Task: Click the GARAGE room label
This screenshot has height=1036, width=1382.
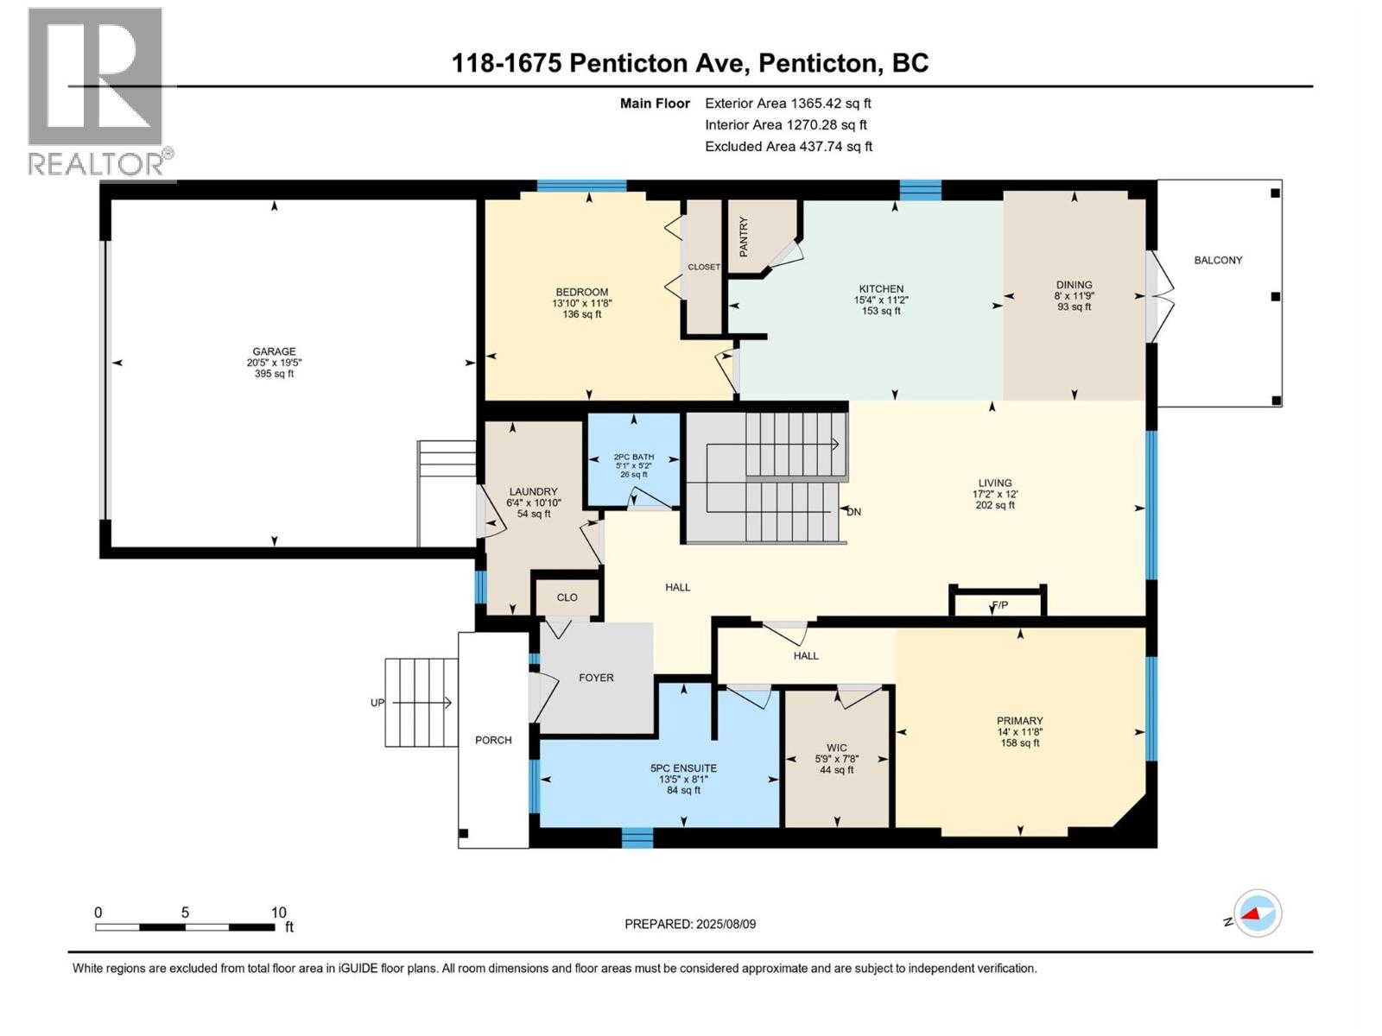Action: point(274,351)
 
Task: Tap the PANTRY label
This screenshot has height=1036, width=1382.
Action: point(744,236)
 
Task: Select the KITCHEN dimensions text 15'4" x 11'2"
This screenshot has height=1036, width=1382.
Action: point(881,300)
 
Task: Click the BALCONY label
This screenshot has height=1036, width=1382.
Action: point(1218,260)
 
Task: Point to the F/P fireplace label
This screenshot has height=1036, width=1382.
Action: point(999,605)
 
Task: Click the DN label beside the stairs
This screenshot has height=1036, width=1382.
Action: point(853,512)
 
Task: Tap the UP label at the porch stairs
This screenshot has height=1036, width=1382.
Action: point(377,703)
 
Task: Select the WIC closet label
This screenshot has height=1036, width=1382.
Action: point(836,748)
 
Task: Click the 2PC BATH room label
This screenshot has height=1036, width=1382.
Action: point(633,457)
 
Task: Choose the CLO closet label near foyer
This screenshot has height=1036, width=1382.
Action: point(567,597)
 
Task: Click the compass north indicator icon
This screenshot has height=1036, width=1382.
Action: point(1258,913)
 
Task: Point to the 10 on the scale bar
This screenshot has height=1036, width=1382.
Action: point(278,913)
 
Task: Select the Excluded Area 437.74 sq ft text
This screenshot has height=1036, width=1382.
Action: point(788,147)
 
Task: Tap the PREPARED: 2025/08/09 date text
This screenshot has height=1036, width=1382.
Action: point(690,924)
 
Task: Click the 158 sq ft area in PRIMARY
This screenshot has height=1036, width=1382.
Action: point(1019,743)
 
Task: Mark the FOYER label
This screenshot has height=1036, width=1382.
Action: point(596,678)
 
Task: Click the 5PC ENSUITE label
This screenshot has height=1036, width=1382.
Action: point(683,768)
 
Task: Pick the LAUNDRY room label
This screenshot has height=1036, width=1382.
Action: point(533,491)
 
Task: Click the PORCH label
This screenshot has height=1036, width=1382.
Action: point(493,740)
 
